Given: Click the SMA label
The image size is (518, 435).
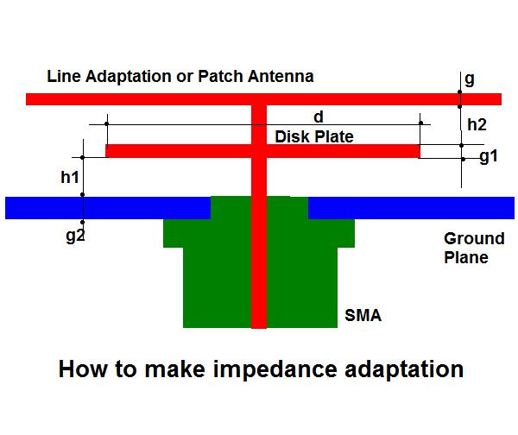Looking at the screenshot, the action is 363,315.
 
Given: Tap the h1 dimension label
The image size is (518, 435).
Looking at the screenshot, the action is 70,177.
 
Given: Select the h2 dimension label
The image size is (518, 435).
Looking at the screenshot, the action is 477,125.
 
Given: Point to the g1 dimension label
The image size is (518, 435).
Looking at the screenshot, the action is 489,156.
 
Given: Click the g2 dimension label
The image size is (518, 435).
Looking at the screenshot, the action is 76,236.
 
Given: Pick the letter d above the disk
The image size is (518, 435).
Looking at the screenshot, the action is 318,117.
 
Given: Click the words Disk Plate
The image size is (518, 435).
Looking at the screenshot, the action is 314,136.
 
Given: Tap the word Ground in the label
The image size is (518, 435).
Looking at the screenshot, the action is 474,238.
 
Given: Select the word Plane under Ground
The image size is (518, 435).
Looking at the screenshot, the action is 466,257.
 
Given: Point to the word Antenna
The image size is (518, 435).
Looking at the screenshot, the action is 281,76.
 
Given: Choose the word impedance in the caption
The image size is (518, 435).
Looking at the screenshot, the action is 275,370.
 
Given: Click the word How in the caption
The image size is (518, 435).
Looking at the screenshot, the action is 83,369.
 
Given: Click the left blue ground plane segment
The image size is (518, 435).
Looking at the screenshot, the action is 108,208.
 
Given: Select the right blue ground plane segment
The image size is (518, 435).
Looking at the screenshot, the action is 411,208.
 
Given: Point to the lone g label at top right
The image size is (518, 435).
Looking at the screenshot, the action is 470,79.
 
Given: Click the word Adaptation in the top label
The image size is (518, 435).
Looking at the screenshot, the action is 128,76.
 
